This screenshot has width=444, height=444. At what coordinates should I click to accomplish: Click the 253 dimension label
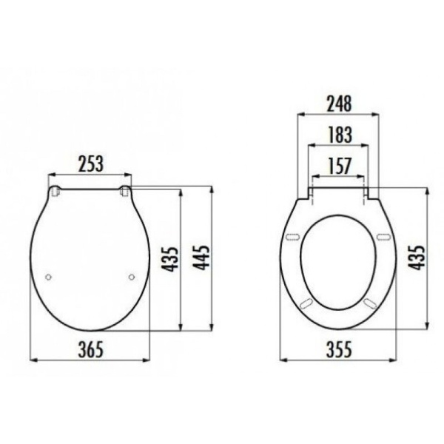(90, 164)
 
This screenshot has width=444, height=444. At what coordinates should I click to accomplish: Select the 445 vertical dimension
(201, 258)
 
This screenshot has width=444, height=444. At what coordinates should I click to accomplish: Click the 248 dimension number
(339, 104)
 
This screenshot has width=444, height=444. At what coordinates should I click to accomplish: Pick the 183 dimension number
(340, 135)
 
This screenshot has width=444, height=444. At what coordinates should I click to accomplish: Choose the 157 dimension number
(340, 166)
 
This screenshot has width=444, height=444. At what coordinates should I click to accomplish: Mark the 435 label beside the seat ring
(417, 258)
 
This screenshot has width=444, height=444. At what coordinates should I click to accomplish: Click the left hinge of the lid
(55, 191)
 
